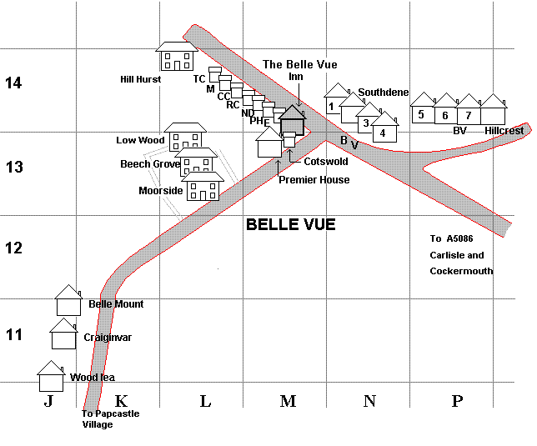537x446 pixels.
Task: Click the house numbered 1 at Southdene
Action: click(334, 105)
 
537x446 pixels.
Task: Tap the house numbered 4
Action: click(384, 130)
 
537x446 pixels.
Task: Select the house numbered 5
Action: click(422, 114)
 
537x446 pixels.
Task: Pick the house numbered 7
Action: click(469, 114)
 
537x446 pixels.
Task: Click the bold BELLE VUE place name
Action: click(290, 225)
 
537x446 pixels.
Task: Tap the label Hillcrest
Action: click(504, 131)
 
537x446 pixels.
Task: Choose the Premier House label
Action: click(314, 179)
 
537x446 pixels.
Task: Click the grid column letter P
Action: click(456, 401)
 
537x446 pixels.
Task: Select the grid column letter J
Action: click(48, 401)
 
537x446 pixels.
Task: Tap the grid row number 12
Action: click(13, 248)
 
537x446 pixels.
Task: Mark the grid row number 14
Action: click(13, 83)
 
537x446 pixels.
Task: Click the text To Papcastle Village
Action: click(110, 418)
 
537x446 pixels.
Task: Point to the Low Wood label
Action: click(140, 140)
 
